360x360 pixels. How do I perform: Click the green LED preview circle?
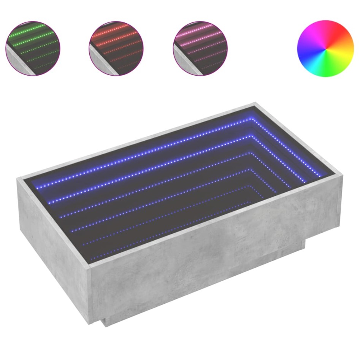tap(33, 48)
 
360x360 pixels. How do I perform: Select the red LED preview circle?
tap(116, 48)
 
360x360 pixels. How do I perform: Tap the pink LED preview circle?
tap(200, 48)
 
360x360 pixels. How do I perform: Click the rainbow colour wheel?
tap(325, 48)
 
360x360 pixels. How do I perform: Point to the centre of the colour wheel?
tap(325, 49)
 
